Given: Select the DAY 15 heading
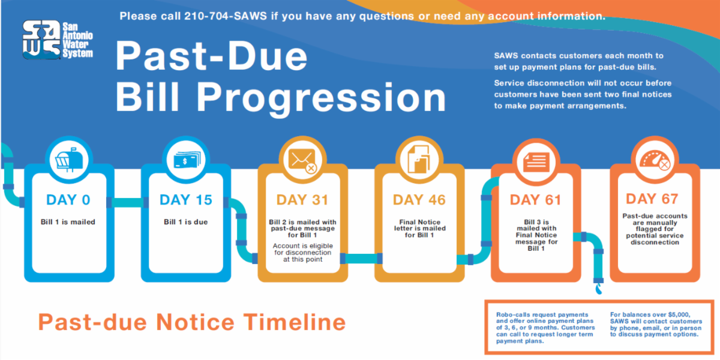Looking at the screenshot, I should (x=186, y=200).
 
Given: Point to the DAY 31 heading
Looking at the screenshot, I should (x=303, y=200).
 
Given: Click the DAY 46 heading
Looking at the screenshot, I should (x=419, y=200).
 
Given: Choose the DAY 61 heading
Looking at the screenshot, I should (x=536, y=200).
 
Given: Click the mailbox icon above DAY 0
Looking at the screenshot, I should (x=70, y=160).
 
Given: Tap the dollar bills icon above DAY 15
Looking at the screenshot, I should (x=187, y=160).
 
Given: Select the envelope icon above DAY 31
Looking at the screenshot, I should (x=303, y=160).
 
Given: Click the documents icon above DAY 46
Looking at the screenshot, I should (x=419, y=160).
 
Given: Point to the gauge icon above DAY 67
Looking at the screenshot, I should (x=652, y=160).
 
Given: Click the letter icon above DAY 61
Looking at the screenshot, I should (x=536, y=160).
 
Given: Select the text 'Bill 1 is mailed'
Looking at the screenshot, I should (x=68, y=222).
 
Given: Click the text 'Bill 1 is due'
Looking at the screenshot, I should (x=186, y=222).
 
